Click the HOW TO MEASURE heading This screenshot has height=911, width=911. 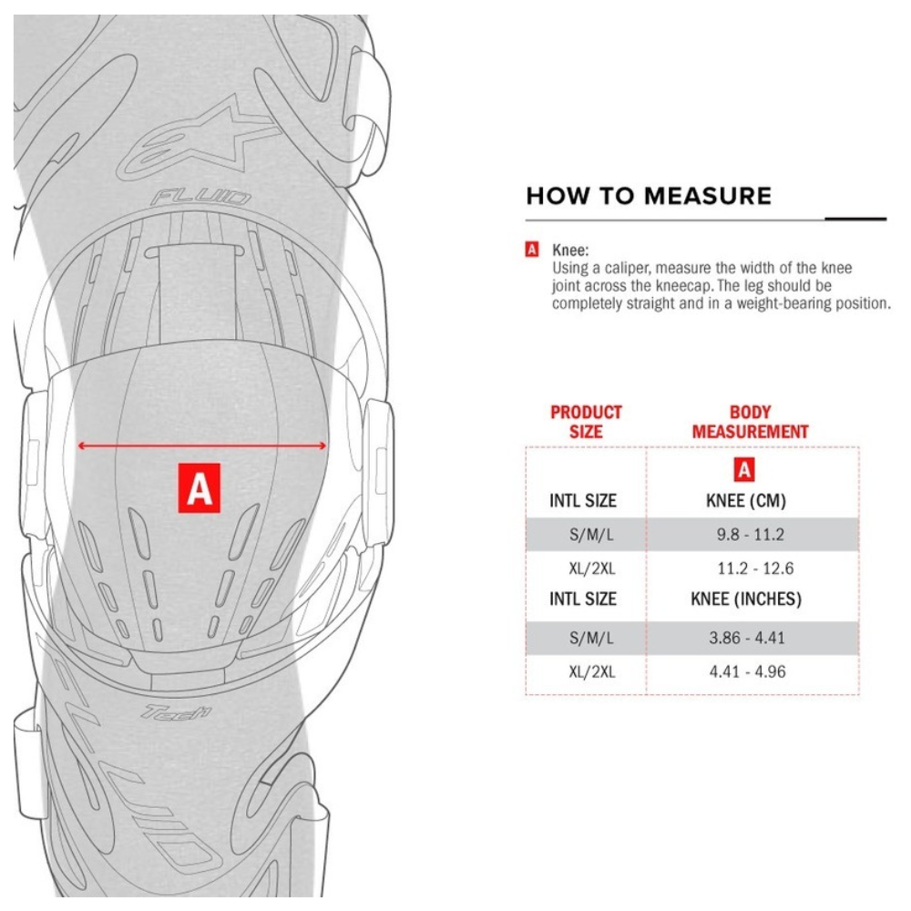[649, 196]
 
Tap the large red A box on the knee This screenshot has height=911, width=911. [200, 487]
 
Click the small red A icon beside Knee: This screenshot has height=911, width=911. [532, 248]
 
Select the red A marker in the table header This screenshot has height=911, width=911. [745, 470]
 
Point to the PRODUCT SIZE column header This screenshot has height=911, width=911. [586, 422]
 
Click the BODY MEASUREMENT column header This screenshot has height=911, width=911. [750, 422]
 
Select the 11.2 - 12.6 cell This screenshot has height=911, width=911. [755, 568]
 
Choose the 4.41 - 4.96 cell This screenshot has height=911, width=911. [746, 672]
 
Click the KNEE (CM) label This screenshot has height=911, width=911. [746, 501]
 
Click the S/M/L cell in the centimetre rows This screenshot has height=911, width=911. [592, 535]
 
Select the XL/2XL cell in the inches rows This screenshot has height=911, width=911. [592, 672]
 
